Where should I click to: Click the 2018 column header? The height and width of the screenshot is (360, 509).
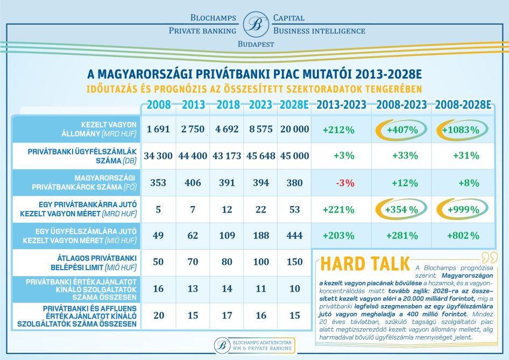(x=228, y=105)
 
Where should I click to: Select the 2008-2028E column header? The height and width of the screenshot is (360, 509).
(x=463, y=105)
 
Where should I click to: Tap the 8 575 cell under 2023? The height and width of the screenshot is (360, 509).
(x=261, y=129)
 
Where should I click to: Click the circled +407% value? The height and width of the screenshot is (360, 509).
(x=402, y=130)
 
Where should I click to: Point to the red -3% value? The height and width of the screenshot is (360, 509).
(x=345, y=183)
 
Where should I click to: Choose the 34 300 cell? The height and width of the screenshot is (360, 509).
(x=158, y=156)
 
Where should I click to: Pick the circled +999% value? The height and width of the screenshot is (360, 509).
(x=463, y=209)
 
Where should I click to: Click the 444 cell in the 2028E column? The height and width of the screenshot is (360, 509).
(x=294, y=235)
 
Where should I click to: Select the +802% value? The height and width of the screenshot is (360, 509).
(x=463, y=236)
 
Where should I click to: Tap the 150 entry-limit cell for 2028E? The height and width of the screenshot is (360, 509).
(x=294, y=262)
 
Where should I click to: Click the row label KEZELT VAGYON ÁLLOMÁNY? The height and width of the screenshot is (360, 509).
(x=99, y=129)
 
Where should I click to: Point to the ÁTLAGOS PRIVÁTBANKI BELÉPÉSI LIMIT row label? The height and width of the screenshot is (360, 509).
(x=94, y=263)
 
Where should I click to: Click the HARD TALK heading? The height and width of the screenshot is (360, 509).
(x=365, y=264)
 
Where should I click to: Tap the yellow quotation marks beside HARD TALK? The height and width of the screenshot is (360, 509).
(x=490, y=257)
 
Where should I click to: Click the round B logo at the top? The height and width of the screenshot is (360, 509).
(x=256, y=24)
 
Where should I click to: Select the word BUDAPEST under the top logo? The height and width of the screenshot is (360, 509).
(x=256, y=44)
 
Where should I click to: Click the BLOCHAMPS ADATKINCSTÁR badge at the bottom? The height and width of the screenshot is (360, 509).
(x=254, y=345)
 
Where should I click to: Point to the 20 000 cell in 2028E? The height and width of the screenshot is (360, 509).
(x=294, y=129)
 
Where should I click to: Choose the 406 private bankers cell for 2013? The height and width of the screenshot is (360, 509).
(x=193, y=183)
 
